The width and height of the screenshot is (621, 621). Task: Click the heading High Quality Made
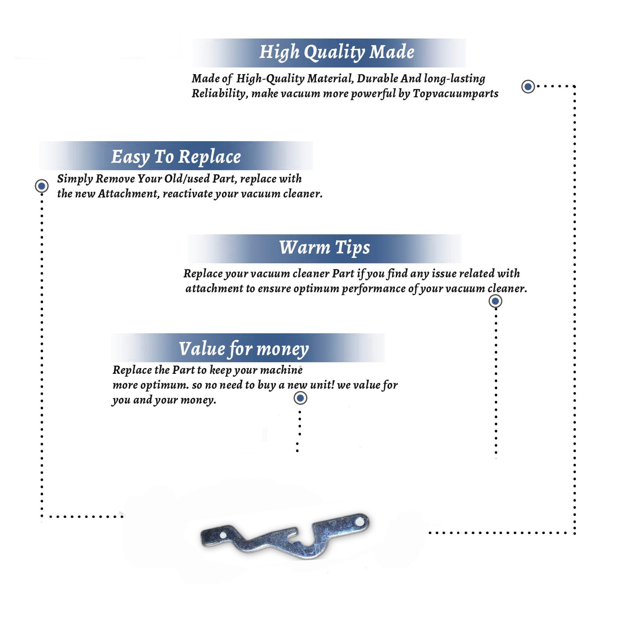pos(337,53)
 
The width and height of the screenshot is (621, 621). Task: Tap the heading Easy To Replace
pos(176,157)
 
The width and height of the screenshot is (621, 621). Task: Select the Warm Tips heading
pos(324,248)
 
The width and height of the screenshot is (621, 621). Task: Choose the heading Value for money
pos(243,349)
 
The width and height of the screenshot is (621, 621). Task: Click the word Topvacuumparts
pos(455,94)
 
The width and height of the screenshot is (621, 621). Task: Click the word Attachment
pos(128,194)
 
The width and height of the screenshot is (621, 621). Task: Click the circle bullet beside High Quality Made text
pos(528,87)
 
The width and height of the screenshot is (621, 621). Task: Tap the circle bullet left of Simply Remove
pos(41,186)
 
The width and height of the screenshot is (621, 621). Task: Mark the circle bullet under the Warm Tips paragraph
pos(495,301)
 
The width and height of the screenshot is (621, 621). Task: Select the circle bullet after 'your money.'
pos(300,398)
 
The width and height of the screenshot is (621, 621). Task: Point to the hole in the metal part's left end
pos(223,535)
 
